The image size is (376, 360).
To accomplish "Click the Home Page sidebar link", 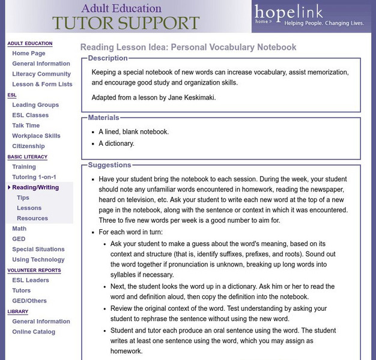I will (28, 53).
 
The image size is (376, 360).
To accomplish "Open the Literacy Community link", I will (41, 74).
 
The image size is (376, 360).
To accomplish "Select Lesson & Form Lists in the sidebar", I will (42, 84).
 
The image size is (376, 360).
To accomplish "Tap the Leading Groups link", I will (35, 105).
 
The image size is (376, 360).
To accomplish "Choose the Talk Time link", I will (26, 125).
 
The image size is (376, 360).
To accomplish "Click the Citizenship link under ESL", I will (28, 146).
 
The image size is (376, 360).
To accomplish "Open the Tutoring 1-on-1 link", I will (34, 177).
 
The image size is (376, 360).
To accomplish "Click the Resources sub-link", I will (32, 218).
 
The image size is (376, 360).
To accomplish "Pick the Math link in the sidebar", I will (19, 229).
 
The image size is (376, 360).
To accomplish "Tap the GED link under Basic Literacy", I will (19, 239).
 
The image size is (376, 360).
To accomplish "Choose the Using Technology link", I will (38, 259).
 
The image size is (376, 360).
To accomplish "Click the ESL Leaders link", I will (31, 280).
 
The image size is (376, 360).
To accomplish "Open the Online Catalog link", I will (34, 331).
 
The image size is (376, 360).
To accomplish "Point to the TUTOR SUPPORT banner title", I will (126, 23).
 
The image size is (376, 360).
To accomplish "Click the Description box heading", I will (108, 58).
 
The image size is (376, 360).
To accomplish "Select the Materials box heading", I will (103, 118).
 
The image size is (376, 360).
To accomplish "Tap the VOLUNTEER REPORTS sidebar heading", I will (34, 270).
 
